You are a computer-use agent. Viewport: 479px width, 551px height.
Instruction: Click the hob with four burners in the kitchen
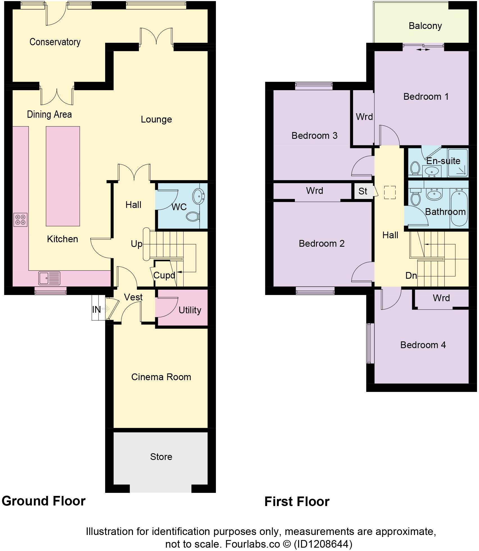tap(21, 220)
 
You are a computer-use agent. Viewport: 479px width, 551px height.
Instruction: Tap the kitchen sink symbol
tap(49, 278)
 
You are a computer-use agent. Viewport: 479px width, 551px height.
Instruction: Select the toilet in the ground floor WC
tap(193, 216)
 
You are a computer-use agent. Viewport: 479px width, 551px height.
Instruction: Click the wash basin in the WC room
tap(198, 196)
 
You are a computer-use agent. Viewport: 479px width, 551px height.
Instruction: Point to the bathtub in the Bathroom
tap(459, 207)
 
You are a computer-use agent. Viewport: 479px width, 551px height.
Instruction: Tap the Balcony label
tap(425, 26)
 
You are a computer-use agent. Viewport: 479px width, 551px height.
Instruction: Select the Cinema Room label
tap(161, 377)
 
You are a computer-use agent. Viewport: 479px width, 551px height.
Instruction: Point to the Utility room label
tap(190, 310)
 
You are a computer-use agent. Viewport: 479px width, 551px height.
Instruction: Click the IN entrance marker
tap(96, 309)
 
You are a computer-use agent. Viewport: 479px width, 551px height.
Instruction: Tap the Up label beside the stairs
tap(137, 244)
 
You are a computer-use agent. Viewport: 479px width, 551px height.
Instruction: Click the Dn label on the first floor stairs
tap(411, 275)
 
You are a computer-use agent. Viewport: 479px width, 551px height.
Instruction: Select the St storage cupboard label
tap(363, 191)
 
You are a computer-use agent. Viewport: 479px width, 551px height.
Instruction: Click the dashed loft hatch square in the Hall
tap(390, 192)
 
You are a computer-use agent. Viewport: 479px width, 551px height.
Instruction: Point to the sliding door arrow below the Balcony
tap(423, 50)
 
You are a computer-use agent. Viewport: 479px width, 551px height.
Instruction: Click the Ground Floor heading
tap(44, 501)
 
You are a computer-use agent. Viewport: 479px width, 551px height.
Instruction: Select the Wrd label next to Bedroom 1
tap(364, 117)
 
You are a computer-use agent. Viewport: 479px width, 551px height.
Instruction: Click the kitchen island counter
tap(63, 176)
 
